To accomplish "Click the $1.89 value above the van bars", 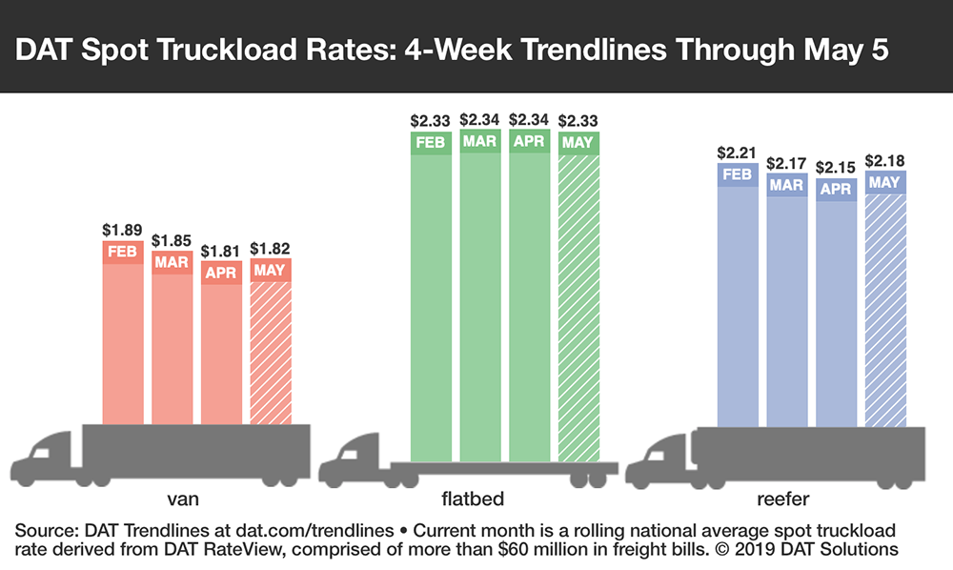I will [123, 230].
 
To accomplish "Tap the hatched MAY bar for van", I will [271, 348].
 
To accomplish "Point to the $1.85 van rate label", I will [172, 242].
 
